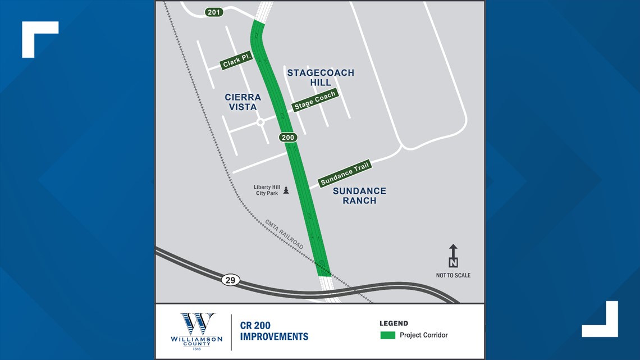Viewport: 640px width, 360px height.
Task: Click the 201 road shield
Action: pyautogui.click(x=214, y=12)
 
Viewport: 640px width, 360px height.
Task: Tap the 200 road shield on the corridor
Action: pyautogui.click(x=287, y=137)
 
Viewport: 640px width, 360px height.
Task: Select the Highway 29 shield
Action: pyautogui.click(x=230, y=280)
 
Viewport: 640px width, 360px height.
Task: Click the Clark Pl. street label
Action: pyautogui.click(x=237, y=60)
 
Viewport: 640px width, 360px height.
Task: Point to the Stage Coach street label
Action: pyautogui.click(x=315, y=101)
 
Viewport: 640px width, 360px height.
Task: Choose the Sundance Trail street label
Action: pyautogui.click(x=345, y=174)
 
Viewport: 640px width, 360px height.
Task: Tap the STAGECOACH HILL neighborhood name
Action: pyautogui.click(x=321, y=78)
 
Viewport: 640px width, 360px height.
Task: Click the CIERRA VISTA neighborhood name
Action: pyautogui.click(x=243, y=102)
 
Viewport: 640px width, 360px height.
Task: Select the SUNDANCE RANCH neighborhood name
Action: pyautogui.click(x=359, y=195)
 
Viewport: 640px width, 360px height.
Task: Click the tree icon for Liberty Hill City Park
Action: pyautogui.click(x=286, y=190)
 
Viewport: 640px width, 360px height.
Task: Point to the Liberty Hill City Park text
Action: pyautogui.click(x=266, y=190)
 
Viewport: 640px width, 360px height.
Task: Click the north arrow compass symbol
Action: pyautogui.click(x=453, y=256)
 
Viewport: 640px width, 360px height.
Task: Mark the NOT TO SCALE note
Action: pyautogui.click(x=453, y=275)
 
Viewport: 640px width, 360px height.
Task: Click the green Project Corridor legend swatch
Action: pyautogui.click(x=388, y=335)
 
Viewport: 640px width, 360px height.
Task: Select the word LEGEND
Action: pyautogui.click(x=394, y=323)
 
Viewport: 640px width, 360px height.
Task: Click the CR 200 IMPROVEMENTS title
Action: pyautogui.click(x=274, y=331)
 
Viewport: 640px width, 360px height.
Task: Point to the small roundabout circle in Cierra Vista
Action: pyautogui.click(x=260, y=122)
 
